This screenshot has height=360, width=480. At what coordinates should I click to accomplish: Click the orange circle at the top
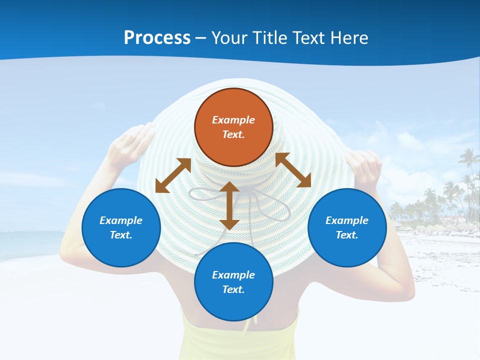point(233,127)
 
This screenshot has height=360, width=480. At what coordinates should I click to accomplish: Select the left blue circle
point(121,227)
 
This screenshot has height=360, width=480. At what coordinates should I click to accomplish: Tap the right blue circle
point(347,227)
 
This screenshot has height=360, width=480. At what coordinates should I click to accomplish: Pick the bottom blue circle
point(233,282)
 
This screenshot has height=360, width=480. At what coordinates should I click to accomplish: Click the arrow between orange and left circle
point(173,175)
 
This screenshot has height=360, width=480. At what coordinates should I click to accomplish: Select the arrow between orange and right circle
point(293,170)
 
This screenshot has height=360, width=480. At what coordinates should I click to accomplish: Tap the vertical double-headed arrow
point(229,206)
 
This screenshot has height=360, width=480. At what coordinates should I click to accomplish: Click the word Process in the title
point(157,38)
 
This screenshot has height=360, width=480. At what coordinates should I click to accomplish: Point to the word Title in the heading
point(270,38)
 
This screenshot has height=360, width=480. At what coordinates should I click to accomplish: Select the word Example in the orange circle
point(233,120)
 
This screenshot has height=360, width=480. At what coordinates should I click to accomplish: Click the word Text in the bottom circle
point(233,289)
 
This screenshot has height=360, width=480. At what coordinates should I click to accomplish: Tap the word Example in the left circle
point(121,220)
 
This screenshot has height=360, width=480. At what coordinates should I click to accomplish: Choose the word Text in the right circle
point(347,235)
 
